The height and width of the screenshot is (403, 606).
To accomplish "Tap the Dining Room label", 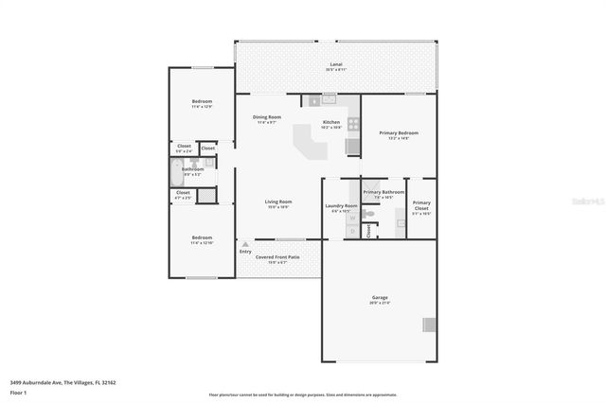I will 266,117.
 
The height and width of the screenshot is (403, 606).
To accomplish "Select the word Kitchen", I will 331,122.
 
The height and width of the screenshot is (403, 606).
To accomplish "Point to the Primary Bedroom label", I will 399,133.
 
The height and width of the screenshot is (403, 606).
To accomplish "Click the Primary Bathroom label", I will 383,192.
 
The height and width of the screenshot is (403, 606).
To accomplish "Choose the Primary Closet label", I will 421,202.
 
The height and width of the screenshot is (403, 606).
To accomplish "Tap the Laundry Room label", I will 341,205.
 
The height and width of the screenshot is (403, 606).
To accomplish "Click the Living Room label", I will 277,201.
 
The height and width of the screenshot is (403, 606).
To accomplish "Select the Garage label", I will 379,298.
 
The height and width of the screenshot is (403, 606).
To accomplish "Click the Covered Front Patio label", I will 277,256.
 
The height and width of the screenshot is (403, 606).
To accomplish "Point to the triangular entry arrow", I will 245,244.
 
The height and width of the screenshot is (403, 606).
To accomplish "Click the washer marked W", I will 351,217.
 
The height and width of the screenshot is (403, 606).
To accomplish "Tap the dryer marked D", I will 351,230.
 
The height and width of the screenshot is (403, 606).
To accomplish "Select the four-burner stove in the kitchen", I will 353,122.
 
